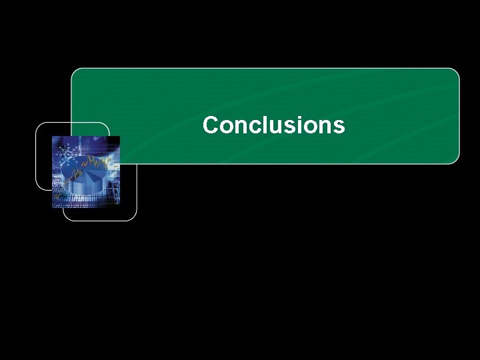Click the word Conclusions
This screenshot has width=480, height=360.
[273, 125]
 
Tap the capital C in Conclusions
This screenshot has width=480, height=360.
[211, 125]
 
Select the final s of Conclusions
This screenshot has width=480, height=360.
[339, 127]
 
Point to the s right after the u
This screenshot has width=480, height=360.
[287, 127]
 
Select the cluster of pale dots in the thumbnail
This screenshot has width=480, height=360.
[67, 153]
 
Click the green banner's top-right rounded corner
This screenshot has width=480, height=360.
[455, 72]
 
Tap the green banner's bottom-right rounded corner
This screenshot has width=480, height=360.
[455, 159]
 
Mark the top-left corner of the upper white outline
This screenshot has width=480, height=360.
[39, 126]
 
